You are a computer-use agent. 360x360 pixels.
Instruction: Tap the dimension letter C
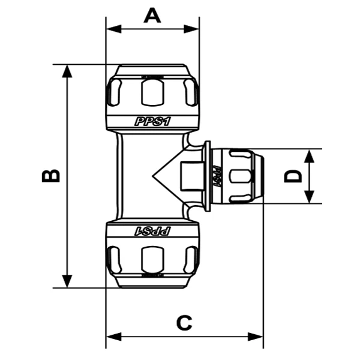[184, 322]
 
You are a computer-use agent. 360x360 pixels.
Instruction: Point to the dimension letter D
[293, 176]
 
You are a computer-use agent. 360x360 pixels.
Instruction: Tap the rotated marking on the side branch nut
[220, 176]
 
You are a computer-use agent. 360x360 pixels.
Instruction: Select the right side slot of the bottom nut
[190, 259]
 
